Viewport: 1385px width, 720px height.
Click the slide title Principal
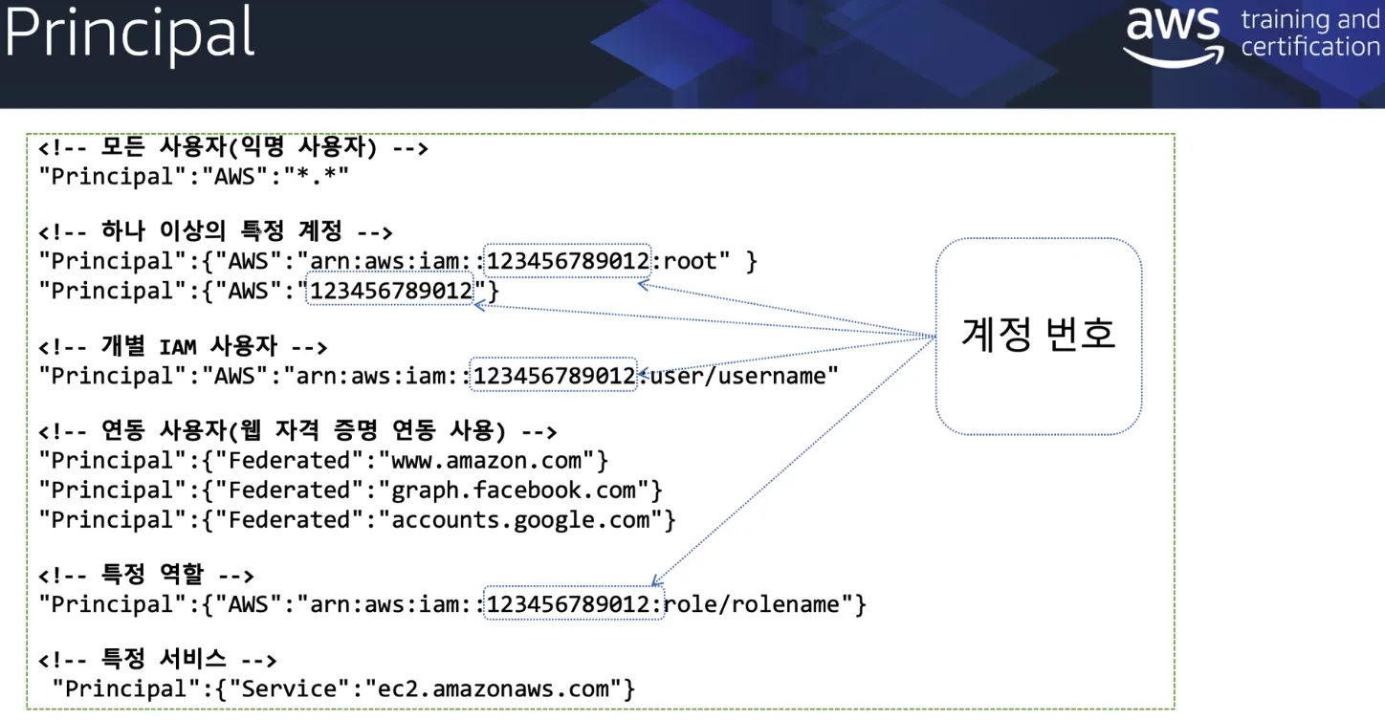(x=130, y=33)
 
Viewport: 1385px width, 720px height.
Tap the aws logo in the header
(x=1173, y=36)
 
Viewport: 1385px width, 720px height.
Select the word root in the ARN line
(x=696, y=261)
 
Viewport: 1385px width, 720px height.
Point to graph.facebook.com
(x=514, y=491)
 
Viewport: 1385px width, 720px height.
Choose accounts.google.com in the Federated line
(x=520, y=520)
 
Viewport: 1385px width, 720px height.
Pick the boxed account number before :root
(x=568, y=261)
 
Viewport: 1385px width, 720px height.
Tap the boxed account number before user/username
(x=554, y=376)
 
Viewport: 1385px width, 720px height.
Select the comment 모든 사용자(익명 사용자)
(x=233, y=148)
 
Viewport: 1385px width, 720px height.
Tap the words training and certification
(x=1309, y=33)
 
